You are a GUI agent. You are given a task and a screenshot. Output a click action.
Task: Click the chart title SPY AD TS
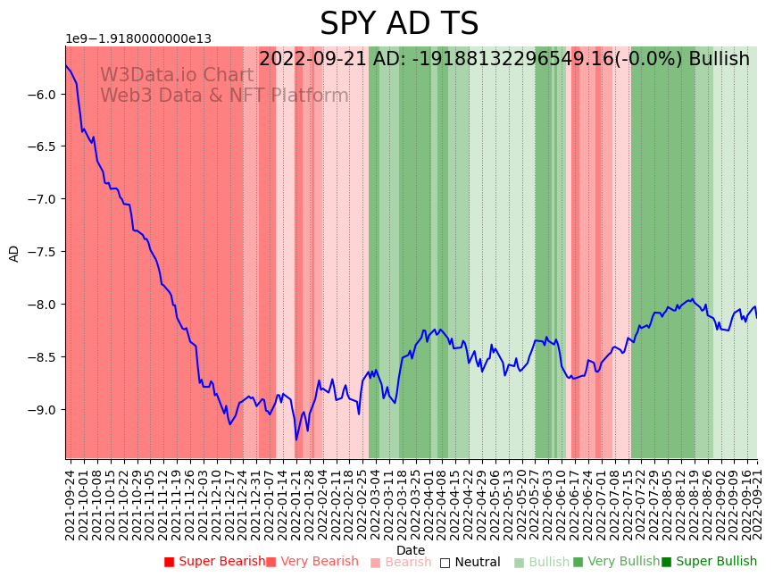399,24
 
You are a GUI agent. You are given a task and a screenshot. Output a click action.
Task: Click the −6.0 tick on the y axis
46,95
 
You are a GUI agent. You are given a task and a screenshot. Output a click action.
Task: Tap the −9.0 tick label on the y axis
46,410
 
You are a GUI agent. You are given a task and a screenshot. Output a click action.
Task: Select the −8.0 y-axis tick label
46,305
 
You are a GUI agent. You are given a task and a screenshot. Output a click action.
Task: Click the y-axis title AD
14,253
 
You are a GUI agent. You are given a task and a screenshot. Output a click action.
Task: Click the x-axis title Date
411,550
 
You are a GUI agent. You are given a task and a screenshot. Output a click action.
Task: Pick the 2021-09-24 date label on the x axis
71,504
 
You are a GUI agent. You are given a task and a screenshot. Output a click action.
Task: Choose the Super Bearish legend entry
214,562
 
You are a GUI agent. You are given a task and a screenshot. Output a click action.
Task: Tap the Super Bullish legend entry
709,562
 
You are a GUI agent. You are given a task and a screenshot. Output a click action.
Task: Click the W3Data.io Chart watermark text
177,76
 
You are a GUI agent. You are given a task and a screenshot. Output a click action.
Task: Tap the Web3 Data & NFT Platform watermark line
224,96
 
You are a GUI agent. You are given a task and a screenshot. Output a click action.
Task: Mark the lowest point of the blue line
296,439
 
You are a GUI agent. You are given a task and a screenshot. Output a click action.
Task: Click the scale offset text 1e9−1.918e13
138,39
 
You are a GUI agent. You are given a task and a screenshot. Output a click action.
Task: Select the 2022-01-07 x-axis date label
268,504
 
